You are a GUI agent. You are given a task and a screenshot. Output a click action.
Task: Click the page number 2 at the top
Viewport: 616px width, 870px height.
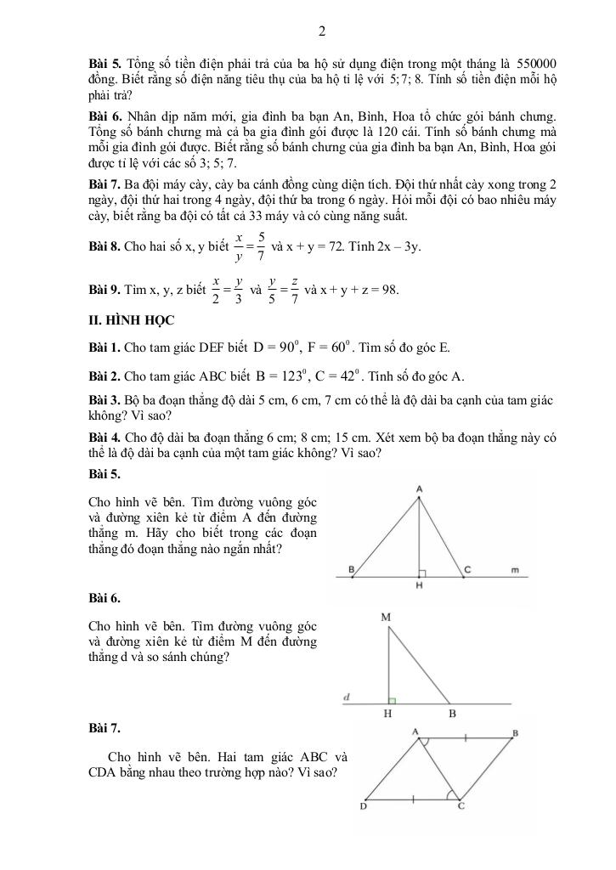pyautogui.click(x=322, y=32)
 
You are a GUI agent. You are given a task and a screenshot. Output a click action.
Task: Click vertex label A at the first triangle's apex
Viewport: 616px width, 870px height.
pyautogui.click(x=420, y=489)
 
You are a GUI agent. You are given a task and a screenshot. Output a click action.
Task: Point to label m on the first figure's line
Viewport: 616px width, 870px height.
pyautogui.click(x=515, y=569)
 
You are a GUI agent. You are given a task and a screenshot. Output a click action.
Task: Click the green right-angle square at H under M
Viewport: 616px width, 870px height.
pyautogui.click(x=393, y=701)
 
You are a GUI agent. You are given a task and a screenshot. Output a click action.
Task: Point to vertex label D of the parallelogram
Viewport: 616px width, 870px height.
pyautogui.click(x=363, y=805)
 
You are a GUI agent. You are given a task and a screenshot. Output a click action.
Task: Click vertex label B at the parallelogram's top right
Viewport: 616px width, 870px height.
pyautogui.click(x=516, y=732)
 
